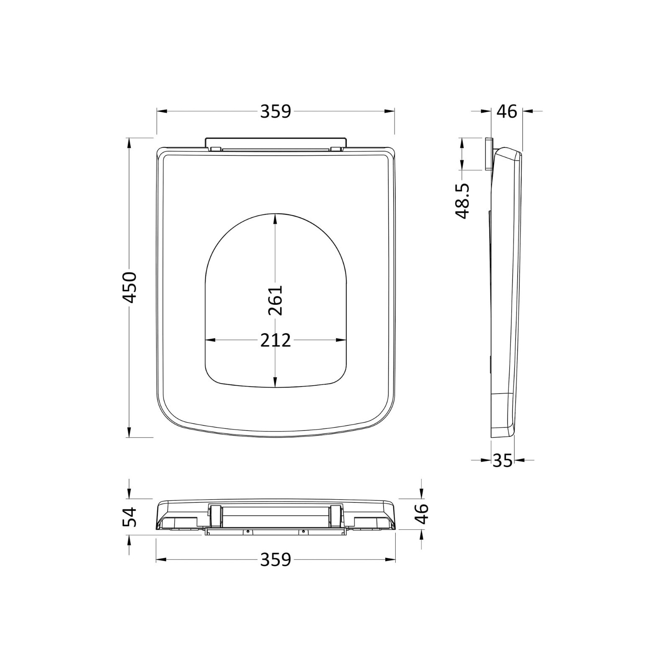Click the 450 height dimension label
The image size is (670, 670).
coord(130,287)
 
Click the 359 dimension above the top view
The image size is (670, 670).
coord(276,111)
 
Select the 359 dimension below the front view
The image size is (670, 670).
coord(276,559)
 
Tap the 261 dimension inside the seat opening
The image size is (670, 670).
coord(276,300)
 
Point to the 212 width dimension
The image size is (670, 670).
coord(276,340)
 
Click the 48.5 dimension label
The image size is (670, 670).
coord(463,201)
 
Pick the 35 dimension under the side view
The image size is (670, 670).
coord(502,461)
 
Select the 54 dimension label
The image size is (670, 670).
coord(130,517)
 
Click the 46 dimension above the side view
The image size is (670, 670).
coord(507,111)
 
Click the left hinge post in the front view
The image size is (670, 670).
coord(215,516)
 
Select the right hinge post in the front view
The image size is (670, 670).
coord(336,516)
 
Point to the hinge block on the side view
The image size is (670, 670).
coord(488,154)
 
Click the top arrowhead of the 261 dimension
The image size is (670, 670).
coord(275,219)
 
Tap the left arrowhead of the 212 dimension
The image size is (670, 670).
coord(210,340)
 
